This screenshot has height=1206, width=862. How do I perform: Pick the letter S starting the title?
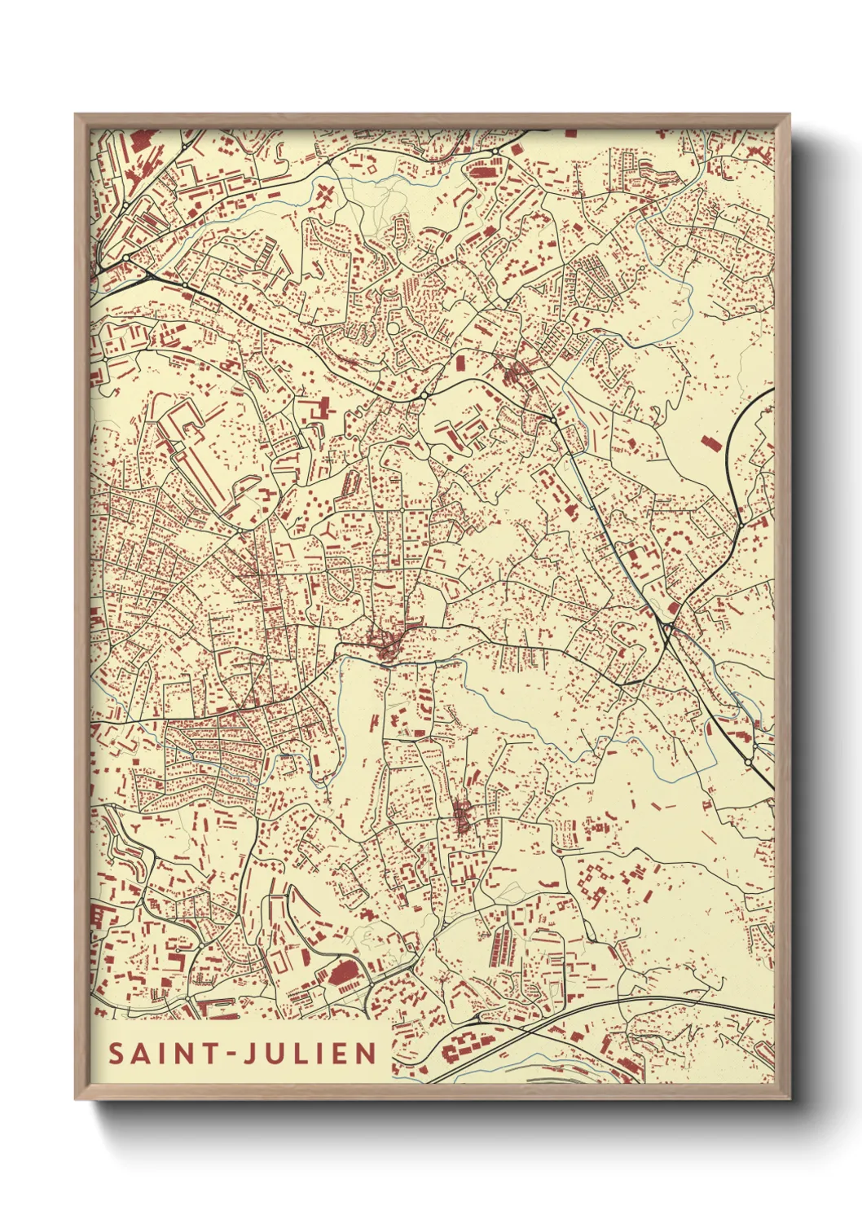pos(117,1054)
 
